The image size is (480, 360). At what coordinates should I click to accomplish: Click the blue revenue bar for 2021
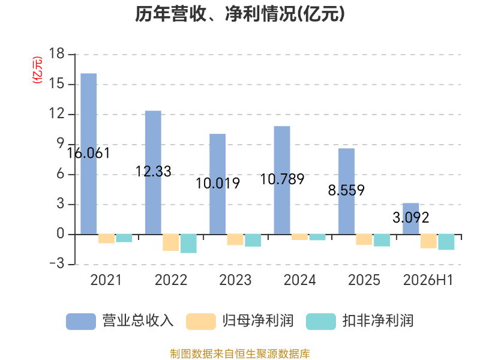click(88, 154)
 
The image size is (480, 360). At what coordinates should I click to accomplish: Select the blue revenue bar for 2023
click(217, 184)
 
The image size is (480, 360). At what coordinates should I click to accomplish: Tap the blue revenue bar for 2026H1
click(411, 218)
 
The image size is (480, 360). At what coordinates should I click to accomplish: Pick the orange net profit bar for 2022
click(171, 242)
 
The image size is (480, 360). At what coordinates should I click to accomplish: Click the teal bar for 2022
click(188, 244)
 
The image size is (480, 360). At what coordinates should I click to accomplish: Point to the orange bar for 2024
click(299, 237)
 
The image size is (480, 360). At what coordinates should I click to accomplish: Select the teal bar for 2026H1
click(446, 242)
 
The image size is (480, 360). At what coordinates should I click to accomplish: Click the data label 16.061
click(88, 154)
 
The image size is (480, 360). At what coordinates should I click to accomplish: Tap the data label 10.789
click(282, 179)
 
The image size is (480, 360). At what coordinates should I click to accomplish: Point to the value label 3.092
click(411, 218)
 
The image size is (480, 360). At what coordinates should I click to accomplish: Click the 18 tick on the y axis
click(56, 54)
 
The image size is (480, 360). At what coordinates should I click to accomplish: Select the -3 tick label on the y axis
click(57, 263)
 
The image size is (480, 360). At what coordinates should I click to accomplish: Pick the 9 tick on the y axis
click(61, 144)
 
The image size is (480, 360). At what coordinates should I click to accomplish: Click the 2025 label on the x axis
click(364, 280)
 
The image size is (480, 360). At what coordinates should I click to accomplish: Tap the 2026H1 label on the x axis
click(428, 280)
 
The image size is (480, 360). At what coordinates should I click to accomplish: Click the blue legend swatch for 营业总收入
click(81, 322)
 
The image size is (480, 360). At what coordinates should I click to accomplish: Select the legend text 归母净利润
click(258, 321)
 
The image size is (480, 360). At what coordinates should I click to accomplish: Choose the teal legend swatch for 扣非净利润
click(321, 322)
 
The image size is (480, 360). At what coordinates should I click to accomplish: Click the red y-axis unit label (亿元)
click(37, 70)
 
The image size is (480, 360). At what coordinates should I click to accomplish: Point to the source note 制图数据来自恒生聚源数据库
click(240, 354)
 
